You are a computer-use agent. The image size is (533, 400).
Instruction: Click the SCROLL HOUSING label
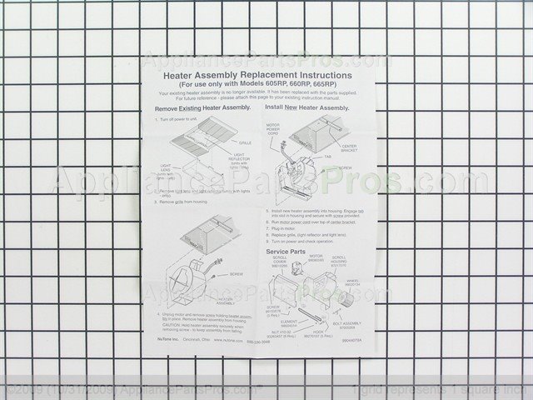339,261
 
